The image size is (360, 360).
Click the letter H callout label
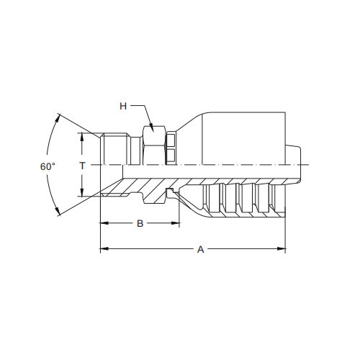click(x=123, y=106)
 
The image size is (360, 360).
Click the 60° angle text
click(x=48, y=166)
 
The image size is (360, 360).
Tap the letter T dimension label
click(x=82, y=166)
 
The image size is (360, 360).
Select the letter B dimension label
click(x=140, y=223)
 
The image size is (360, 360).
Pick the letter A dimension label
click(x=201, y=249)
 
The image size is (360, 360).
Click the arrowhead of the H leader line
click(x=151, y=127)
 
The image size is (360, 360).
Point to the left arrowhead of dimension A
click(x=104, y=249)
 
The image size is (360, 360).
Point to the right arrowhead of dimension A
click(x=282, y=249)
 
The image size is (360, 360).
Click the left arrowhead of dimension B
click(x=104, y=223)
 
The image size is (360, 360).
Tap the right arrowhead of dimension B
click(x=176, y=223)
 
